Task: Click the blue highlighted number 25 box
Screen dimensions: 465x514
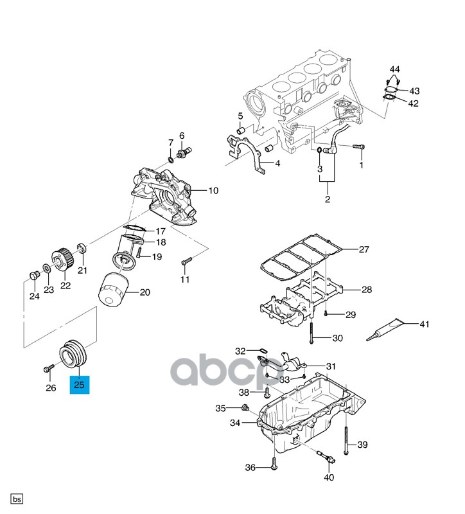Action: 80,385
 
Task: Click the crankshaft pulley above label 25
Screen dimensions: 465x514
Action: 76,355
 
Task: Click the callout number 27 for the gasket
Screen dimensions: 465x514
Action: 364,250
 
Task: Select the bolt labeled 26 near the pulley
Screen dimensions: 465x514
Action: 49,369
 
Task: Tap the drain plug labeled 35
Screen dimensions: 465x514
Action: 244,408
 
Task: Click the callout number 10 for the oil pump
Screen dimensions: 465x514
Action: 213,191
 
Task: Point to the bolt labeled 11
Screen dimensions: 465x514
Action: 186,261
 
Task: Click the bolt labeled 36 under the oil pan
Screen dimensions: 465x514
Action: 274,464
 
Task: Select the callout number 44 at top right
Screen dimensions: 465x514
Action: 394,69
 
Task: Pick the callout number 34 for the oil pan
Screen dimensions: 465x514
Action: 234,423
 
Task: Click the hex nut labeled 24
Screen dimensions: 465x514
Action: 35,276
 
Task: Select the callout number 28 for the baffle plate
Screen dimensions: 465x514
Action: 366,290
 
